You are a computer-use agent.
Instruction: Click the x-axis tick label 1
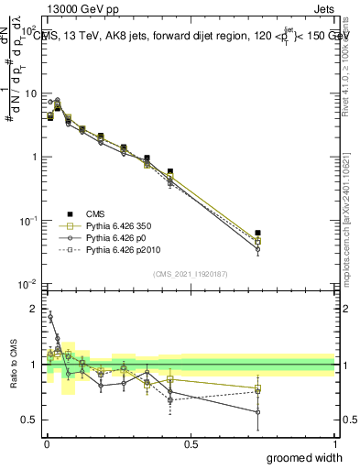point(334,443)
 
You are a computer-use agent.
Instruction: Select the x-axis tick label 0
point(46,443)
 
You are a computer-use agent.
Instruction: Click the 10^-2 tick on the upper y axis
point(29,284)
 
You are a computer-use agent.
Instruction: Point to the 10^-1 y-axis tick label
point(29,221)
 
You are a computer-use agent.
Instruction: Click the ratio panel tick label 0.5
point(32,420)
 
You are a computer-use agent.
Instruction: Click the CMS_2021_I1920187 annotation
point(191,274)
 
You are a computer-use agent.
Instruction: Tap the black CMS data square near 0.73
point(257,234)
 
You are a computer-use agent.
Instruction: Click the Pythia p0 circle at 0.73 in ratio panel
point(257,412)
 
